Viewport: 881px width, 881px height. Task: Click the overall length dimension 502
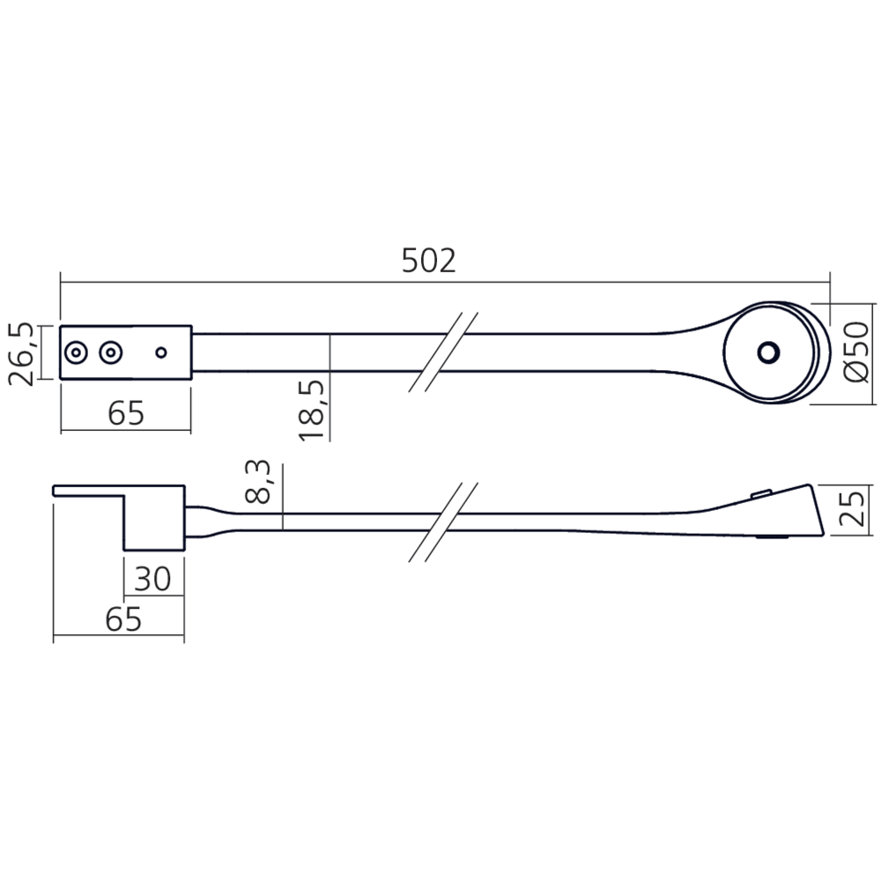[429, 261]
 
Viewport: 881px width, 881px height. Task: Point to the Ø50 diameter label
[855, 352]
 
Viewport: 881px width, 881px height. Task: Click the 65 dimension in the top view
[124, 412]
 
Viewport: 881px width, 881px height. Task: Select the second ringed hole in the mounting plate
[108, 353]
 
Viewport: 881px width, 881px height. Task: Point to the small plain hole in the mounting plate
[160, 353]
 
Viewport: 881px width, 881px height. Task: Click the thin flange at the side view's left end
[88, 490]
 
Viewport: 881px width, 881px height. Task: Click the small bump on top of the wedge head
[760, 494]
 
